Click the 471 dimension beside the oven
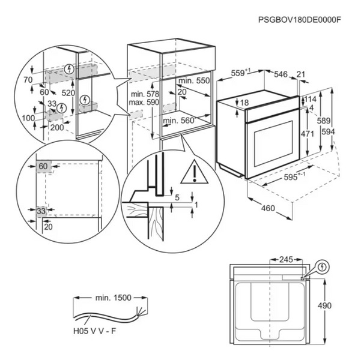coord(307,134)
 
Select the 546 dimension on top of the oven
coord(281,74)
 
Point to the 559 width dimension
coord(240,74)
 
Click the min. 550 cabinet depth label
coord(195,80)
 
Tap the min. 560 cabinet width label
coord(193,121)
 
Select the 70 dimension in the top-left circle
coord(27,79)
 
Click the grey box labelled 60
coord(43,166)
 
